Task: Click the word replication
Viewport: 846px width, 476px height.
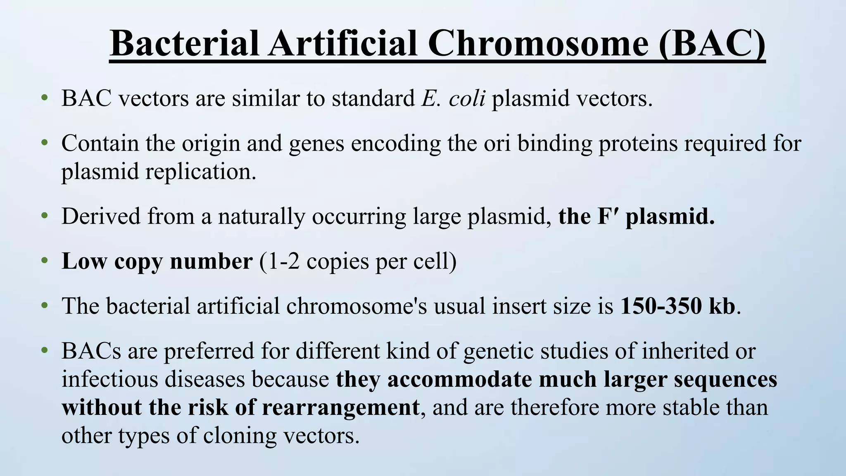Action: [201, 171]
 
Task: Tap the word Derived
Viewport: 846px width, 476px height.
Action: [101, 216]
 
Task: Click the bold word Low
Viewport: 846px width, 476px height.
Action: [85, 261]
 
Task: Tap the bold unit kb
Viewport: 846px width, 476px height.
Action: [722, 306]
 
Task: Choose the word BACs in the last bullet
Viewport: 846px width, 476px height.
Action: [91, 351]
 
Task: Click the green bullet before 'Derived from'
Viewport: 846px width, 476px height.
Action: [45, 216]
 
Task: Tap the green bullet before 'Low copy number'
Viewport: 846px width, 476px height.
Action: [45, 261]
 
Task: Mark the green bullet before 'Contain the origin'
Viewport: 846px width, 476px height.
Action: [45, 143]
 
